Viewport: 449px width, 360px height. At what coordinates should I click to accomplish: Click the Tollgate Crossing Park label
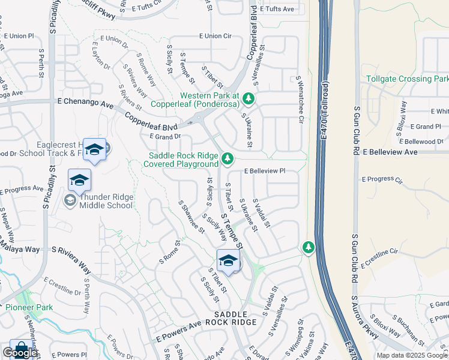(x=407, y=79)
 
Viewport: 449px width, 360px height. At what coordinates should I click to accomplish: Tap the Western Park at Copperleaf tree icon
(x=247, y=98)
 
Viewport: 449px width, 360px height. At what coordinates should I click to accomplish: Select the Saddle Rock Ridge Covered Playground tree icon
(x=227, y=158)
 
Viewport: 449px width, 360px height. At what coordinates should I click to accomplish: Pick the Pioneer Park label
(x=29, y=307)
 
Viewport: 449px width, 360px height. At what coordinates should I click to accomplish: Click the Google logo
(x=20, y=353)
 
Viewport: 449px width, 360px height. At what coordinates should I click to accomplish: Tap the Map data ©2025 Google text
(x=411, y=355)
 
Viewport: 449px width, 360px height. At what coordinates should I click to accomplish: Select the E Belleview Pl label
(x=264, y=171)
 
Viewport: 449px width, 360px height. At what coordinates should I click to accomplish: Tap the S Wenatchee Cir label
(x=298, y=98)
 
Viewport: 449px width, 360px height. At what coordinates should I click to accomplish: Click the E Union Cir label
(x=218, y=36)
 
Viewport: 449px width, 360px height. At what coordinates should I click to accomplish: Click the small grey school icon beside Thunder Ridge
(x=70, y=200)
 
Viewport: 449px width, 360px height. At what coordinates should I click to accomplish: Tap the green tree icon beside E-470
(x=308, y=247)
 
